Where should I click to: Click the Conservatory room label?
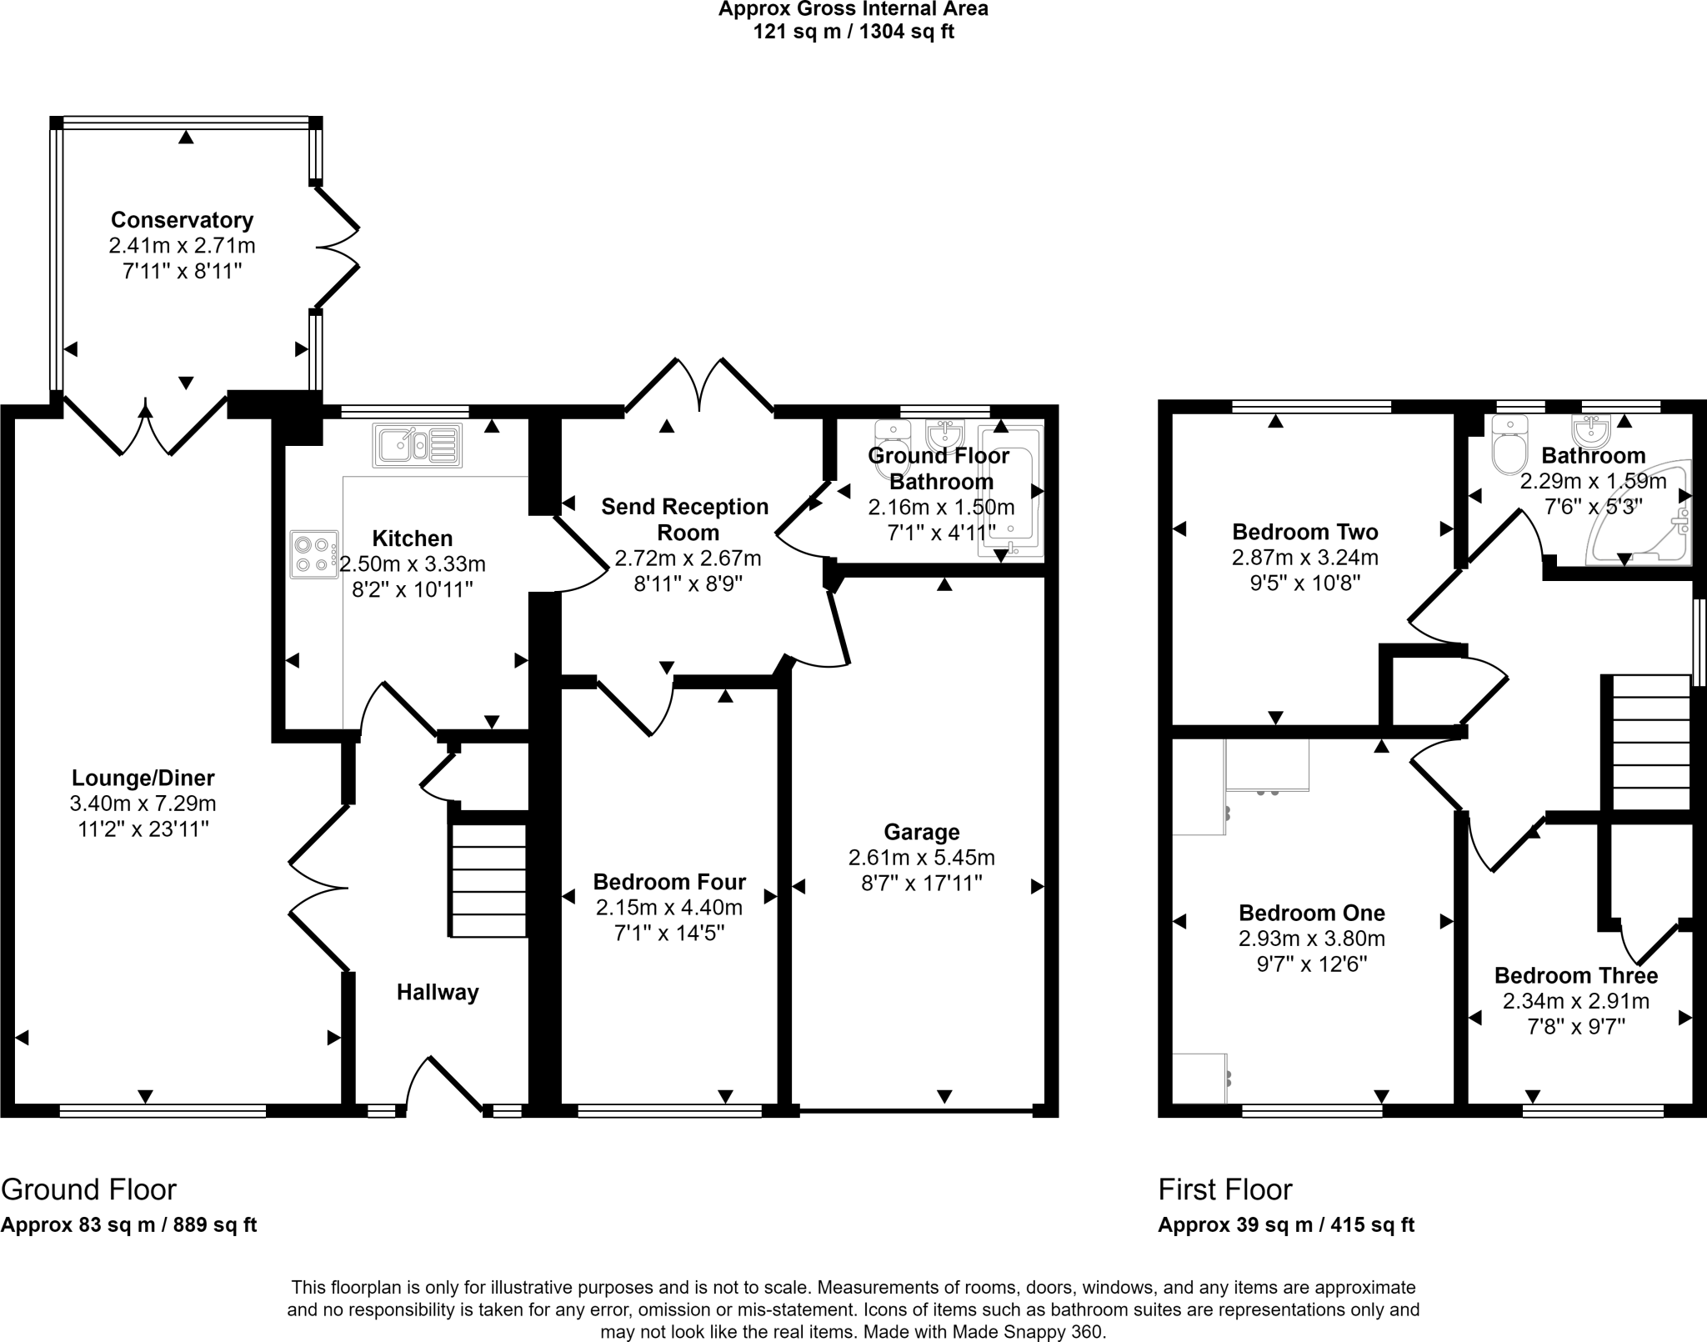click(182, 220)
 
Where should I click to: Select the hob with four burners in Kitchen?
click(314, 554)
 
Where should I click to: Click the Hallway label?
click(438, 992)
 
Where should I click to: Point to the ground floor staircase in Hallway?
click(488, 880)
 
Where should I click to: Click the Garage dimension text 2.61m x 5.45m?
click(921, 857)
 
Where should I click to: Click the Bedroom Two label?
click(1304, 532)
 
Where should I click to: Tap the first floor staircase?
click(1651, 742)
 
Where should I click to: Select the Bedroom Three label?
click(1575, 975)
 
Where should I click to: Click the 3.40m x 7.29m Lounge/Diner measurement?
click(143, 804)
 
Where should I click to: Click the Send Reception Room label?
click(685, 518)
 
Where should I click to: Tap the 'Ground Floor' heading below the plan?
click(88, 1189)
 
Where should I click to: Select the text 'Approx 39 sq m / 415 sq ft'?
click(1285, 1224)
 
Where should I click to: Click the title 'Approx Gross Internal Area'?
click(853, 9)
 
